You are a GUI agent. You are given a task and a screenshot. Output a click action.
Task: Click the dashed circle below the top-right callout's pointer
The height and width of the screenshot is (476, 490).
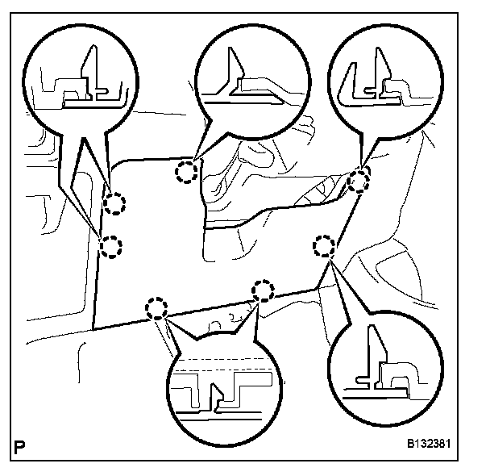point(359,182)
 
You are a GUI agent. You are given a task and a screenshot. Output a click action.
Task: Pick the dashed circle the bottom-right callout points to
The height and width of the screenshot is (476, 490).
point(325,245)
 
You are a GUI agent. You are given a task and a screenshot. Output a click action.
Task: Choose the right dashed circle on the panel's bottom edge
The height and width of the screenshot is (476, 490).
point(263,290)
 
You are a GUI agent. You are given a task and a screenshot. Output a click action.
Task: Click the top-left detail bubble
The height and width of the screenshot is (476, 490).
point(77,77)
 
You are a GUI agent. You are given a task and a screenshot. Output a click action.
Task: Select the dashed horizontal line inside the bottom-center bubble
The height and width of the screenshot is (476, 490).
point(222,357)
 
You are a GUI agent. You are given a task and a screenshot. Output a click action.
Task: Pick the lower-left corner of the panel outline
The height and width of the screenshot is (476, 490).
point(93,329)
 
